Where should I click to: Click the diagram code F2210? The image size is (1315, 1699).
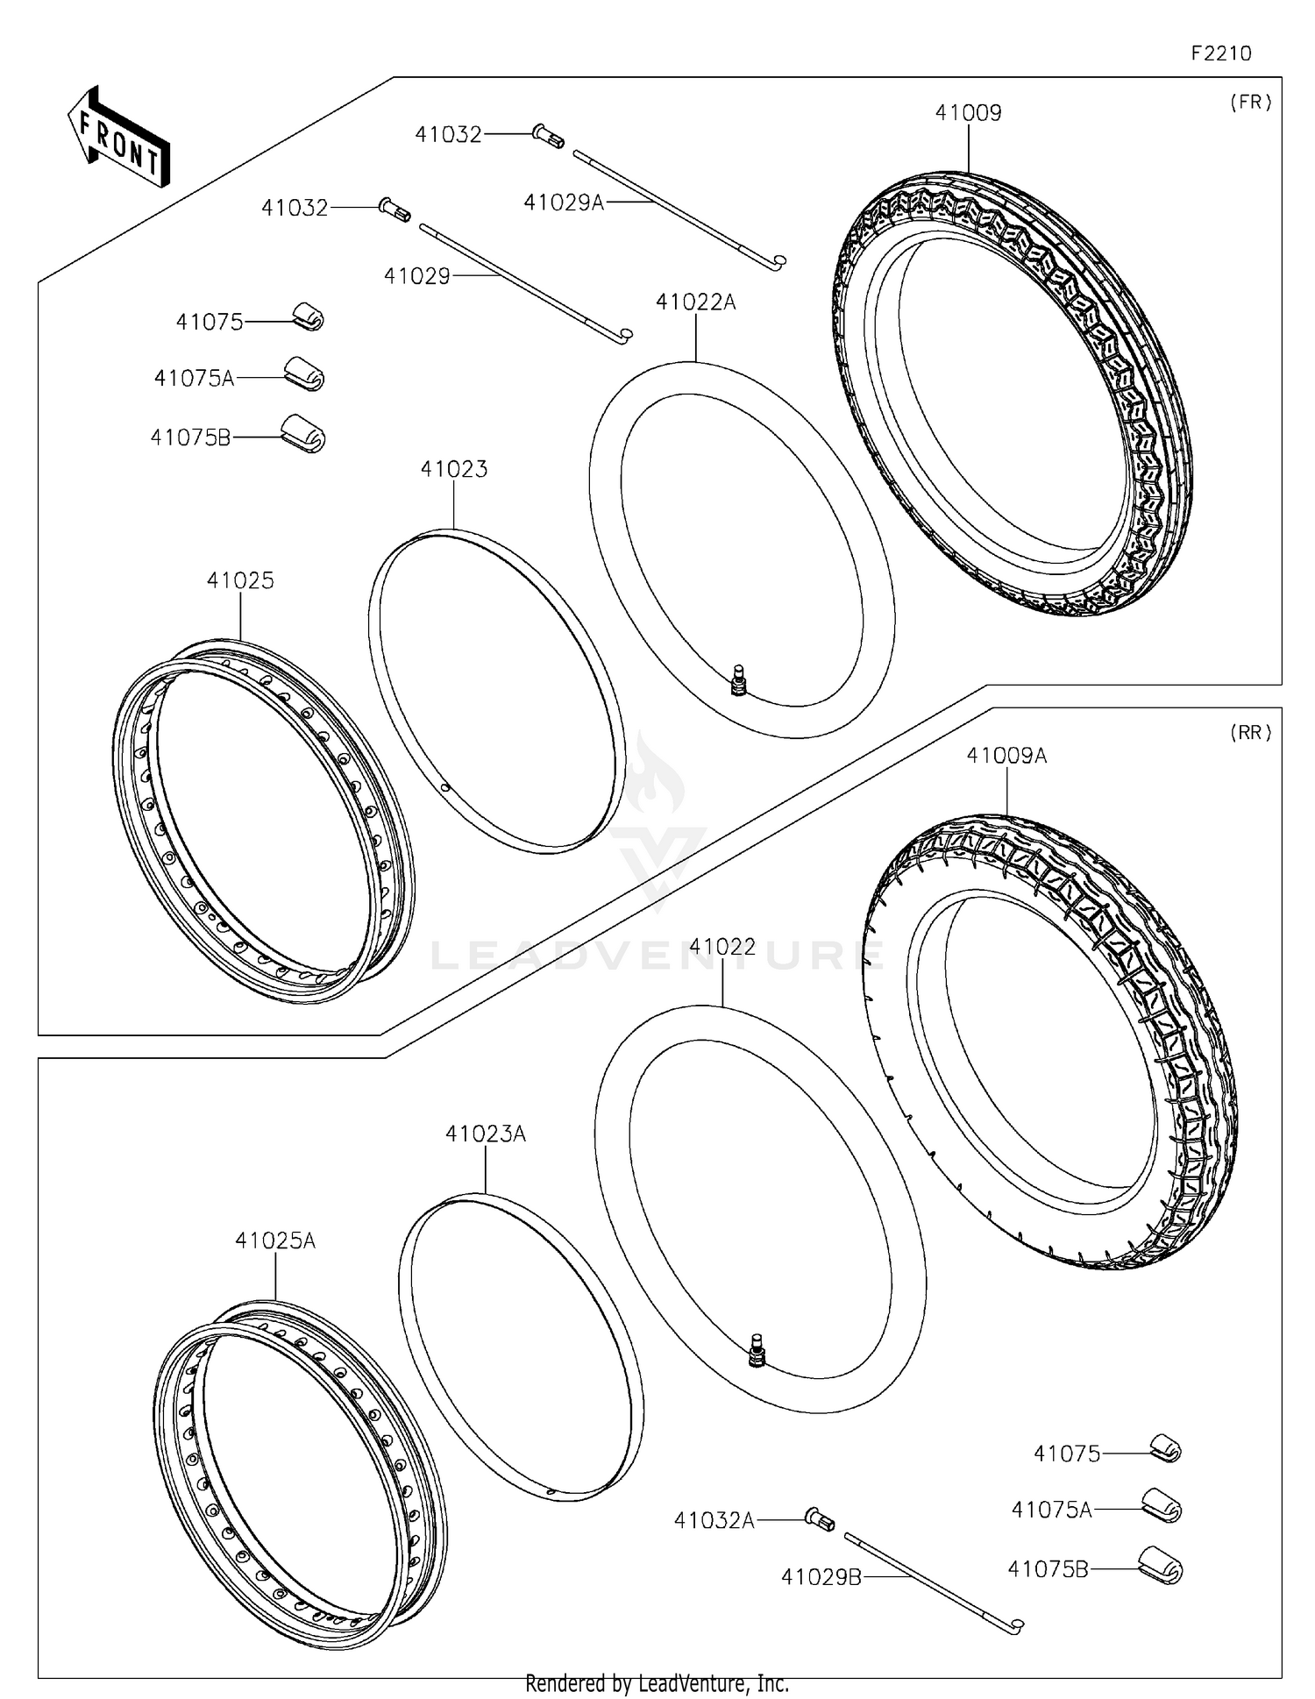[1220, 53]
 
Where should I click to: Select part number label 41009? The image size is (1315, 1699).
[968, 113]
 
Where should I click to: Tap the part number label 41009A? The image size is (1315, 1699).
[1006, 756]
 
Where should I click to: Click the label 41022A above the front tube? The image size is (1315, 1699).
[695, 303]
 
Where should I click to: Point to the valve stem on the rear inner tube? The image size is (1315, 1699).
[758, 1350]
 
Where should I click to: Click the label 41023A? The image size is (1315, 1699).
[485, 1134]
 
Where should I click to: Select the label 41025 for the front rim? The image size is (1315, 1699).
[240, 580]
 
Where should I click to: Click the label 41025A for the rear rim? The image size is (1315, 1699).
[274, 1241]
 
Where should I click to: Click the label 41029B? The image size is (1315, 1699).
[821, 1578]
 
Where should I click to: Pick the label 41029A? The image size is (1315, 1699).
[564, 203]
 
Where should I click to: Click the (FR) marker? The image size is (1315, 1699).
[1250, 103]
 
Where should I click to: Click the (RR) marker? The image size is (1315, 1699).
[1250, 733]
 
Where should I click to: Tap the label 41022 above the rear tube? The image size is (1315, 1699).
[721, 948]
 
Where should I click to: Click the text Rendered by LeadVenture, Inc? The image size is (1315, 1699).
[657, 1683]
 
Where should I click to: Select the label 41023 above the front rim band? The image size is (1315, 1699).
[453, 470]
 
